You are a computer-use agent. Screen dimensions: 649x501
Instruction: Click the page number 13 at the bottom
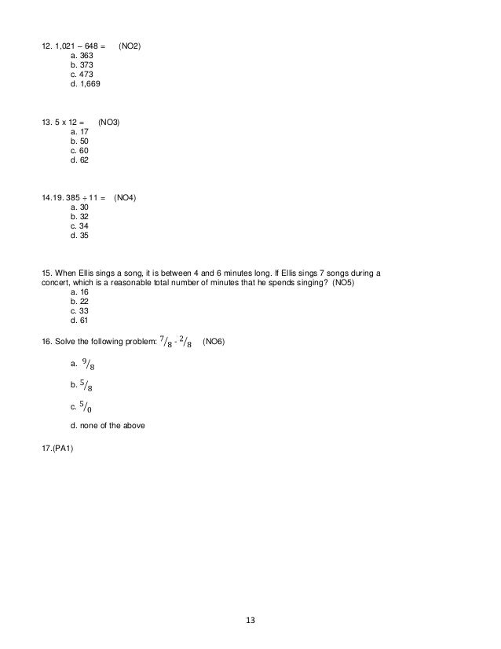tap(251, 621)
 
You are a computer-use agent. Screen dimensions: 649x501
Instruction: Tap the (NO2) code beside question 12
tap(130, 46)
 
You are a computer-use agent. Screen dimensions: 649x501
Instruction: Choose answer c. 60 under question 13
tap(79, 150)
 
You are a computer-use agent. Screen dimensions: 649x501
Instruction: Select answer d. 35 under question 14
tap(79, 235)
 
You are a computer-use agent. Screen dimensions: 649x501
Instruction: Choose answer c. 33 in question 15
tap(79, 310)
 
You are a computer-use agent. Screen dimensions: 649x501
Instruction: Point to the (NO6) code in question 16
tap(214, 342)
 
